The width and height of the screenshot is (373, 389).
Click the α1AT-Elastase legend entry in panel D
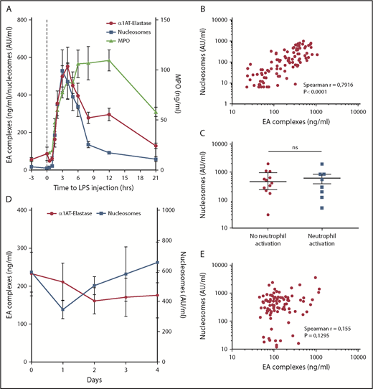click(79, 212)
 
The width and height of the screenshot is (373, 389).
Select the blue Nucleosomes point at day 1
click(62, 309)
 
